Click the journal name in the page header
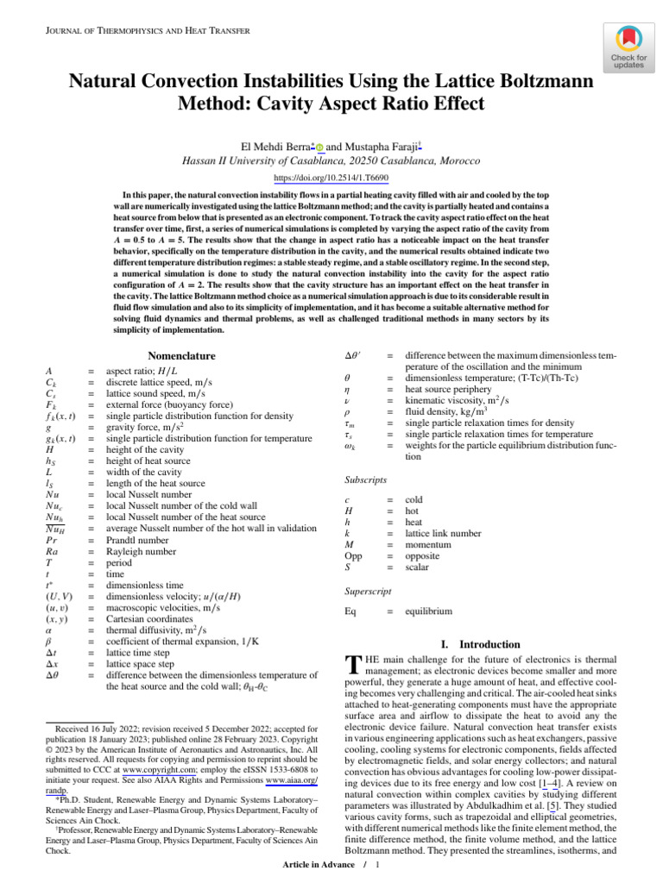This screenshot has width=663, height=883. point(146,31)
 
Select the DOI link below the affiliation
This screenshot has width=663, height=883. point(331,178)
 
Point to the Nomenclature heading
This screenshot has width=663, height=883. point(181,355)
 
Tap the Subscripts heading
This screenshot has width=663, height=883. point(367,479)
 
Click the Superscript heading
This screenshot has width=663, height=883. point(369,591)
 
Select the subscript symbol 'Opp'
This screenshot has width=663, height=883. point(353,556)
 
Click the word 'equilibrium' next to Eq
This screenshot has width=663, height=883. point(428,611)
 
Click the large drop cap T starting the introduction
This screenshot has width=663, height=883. point(351,664)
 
